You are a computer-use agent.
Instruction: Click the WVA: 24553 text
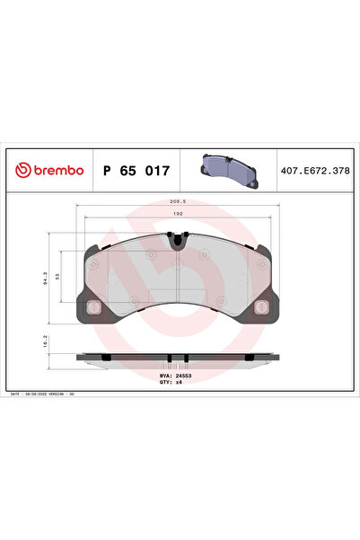pyautogui.click(x=171, y=376)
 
